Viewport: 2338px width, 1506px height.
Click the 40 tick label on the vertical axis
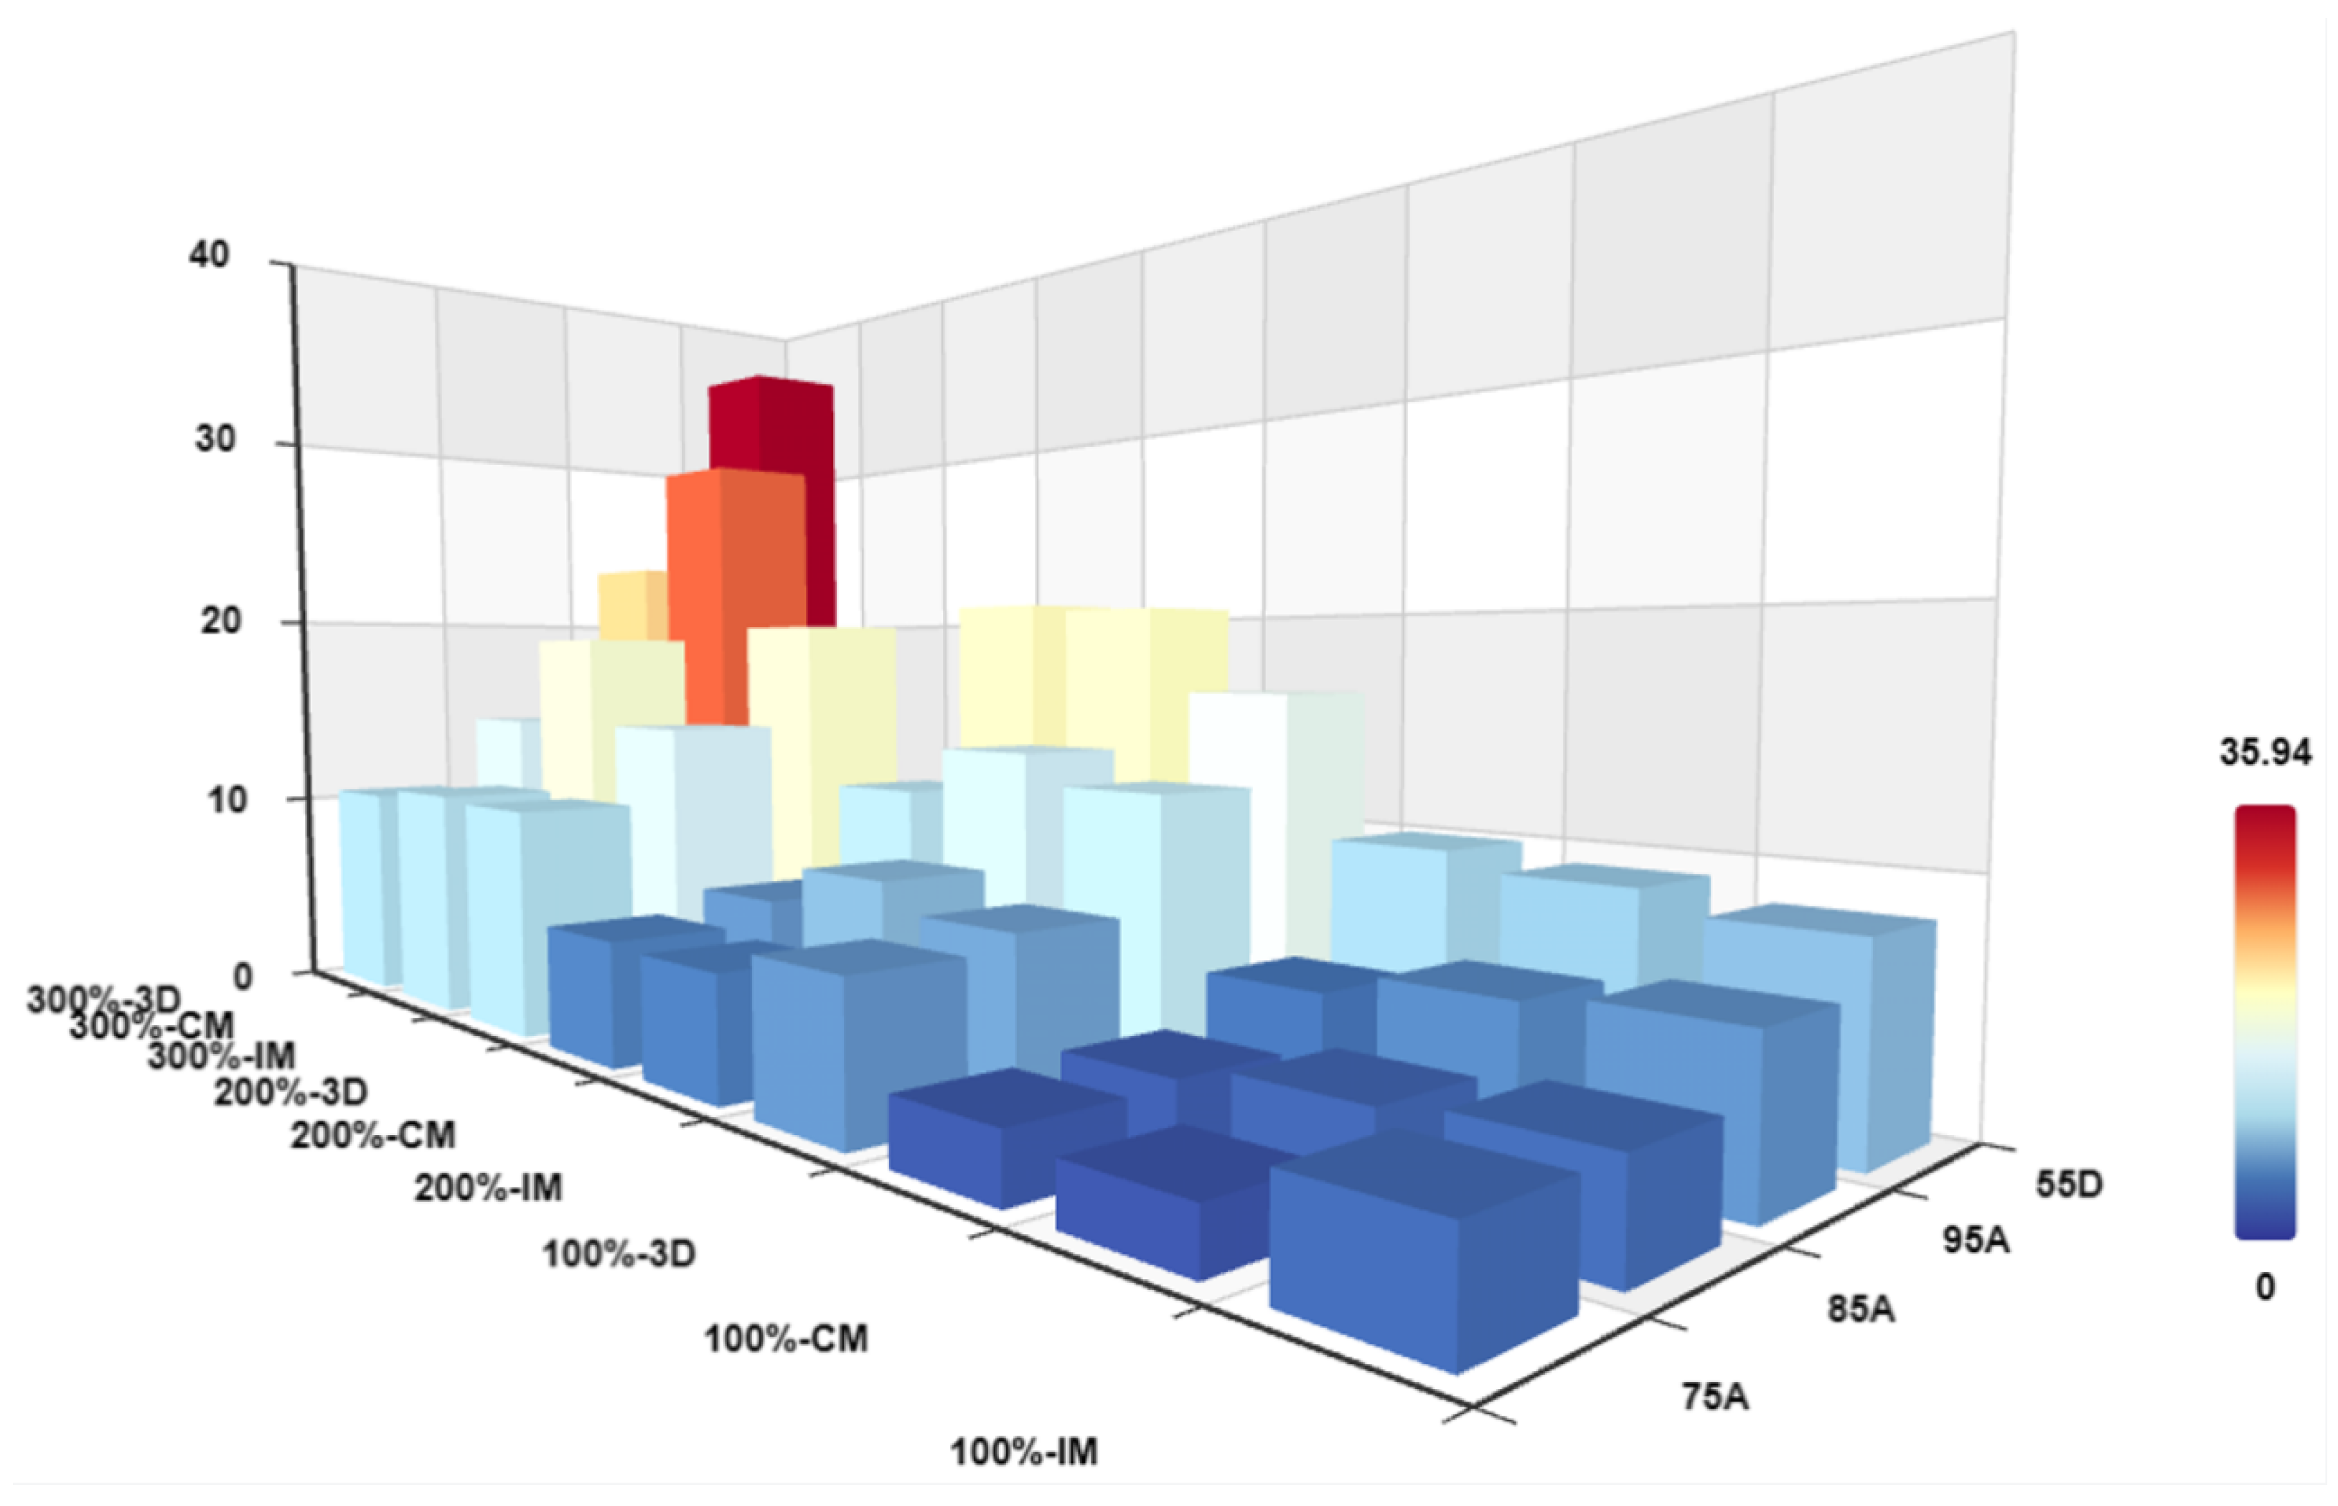(x=211, y=255)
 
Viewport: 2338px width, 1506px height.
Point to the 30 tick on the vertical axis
(x=214, y=439)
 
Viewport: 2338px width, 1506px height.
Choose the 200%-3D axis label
(x=291, y=1091)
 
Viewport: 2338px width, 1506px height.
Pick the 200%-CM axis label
(x=372, y=1134)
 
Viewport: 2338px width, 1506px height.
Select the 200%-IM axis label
(x=488, y=1188)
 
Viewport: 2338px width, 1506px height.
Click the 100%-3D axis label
(x=619, y=1253)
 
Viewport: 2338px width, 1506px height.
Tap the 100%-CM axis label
(x=787, y=1339)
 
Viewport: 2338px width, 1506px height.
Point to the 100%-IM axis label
(x=1024, y=1452)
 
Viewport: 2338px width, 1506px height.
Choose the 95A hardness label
(x=1975, y=1240)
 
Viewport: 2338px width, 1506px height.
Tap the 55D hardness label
(x=2069, y=1185)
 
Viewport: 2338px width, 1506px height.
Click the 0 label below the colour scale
(x=2265, y=1287)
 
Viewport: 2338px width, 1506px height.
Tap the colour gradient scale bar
(x=2265, y=1022)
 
